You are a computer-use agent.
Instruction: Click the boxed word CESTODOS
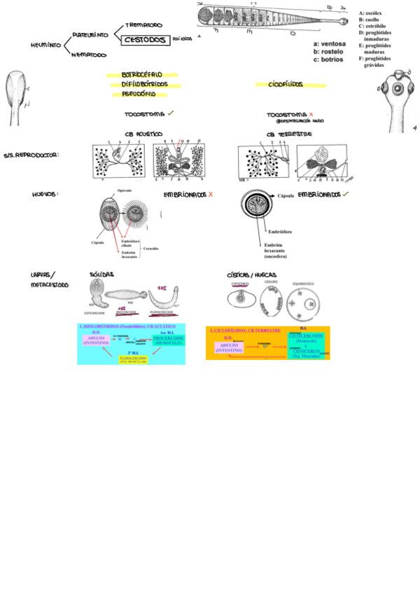tap(146, 41)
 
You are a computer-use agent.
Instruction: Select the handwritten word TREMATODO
tap(144, 25)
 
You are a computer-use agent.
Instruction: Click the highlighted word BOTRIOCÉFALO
tap(142, 74)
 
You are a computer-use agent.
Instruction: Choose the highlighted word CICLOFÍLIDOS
tap(286, 85)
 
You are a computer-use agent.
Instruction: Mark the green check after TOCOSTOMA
tap(171, 113)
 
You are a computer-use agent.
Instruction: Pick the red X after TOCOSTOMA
tap(311, 113)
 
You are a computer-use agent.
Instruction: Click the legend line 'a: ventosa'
tap(329, 44)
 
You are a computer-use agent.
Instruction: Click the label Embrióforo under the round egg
tap(278, 230)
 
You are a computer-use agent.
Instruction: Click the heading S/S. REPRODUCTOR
tap(31, 154)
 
